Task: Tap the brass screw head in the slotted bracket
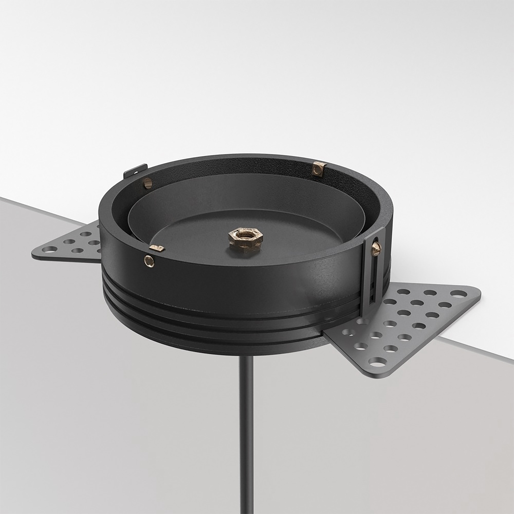(x=377, y=249)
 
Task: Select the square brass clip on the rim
(x=319, y=168)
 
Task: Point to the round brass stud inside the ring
(x=148, y=183)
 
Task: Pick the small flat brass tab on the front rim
(x=157, y=248)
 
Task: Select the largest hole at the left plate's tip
(x=48, y=249)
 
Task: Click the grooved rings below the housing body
(x=213, y=330)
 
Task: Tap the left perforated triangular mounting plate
(x=72, y=243)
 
